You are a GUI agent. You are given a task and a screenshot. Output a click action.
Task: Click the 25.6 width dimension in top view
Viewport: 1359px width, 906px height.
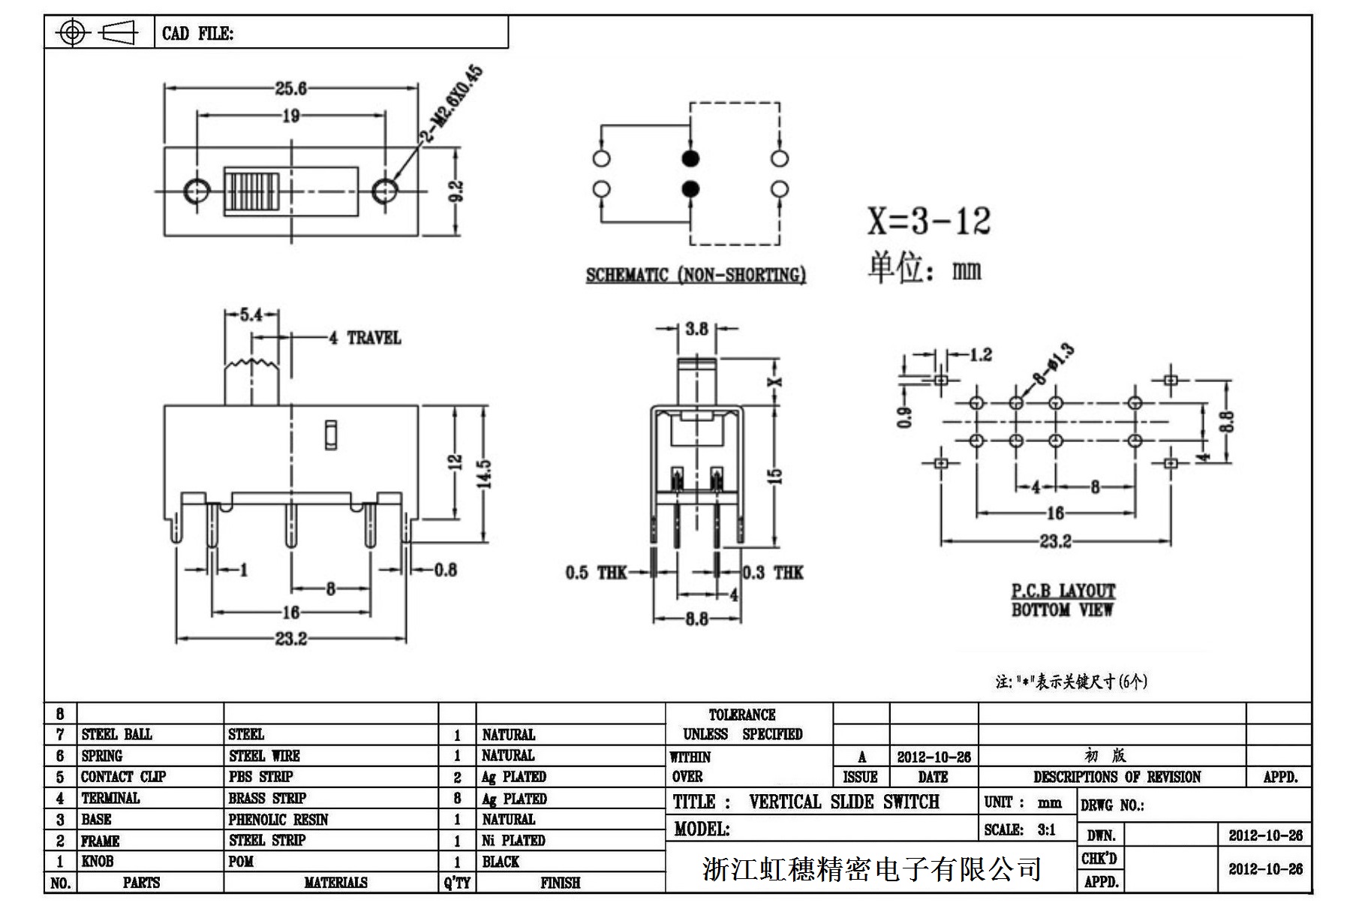pyautogui.click(x=290, y=89)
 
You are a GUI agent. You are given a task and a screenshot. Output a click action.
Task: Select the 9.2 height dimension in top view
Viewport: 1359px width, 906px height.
pyautogui.click(x=457, y=191)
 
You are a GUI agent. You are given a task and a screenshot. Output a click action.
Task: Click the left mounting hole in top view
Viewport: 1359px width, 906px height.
pyautogui.click(x=197, y=191)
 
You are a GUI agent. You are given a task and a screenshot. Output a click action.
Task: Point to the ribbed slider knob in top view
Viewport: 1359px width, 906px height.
pyautogui.click(x=252, y=192)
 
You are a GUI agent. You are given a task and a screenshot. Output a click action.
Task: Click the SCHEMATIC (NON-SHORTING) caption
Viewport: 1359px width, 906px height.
pyautogui.click(x=696, y=275)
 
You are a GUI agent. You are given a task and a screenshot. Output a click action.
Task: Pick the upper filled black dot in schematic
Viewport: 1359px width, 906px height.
pyautogui.click(x=690, y=158)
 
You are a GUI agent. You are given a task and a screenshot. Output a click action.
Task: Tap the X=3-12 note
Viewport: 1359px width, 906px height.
pyautogui.click(x=929, y=221)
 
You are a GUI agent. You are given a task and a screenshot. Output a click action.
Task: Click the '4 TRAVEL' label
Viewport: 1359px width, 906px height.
pyautogui.click(x=365, y=338)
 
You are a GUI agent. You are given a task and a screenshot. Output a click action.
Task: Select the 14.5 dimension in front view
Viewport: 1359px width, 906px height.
pyautogui.click(x=484, y=473)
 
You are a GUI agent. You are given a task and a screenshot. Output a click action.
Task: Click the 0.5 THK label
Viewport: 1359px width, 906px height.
pyautogui.click(x=596, y=573)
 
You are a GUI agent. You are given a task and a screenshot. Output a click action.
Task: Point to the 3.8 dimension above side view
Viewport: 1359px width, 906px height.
pyautogui.click(x=696, y=329)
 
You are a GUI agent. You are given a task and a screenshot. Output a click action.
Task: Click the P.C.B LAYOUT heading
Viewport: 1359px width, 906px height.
pyautogui.click(x=1063, y=591)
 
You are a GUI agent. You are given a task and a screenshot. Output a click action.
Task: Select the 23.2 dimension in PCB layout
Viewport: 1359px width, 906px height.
pyautogui.click(x=1055, y=541)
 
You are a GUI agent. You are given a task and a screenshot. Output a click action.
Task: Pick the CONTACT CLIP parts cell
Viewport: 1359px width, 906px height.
pyautogui.click(x=123, y=777)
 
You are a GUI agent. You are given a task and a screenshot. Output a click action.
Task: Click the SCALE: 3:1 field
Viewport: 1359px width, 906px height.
pyautogui.click(x=1020, y=829)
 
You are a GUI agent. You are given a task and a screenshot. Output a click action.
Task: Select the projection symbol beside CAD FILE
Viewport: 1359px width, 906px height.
pyautogui.click(x=98, y=32)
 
